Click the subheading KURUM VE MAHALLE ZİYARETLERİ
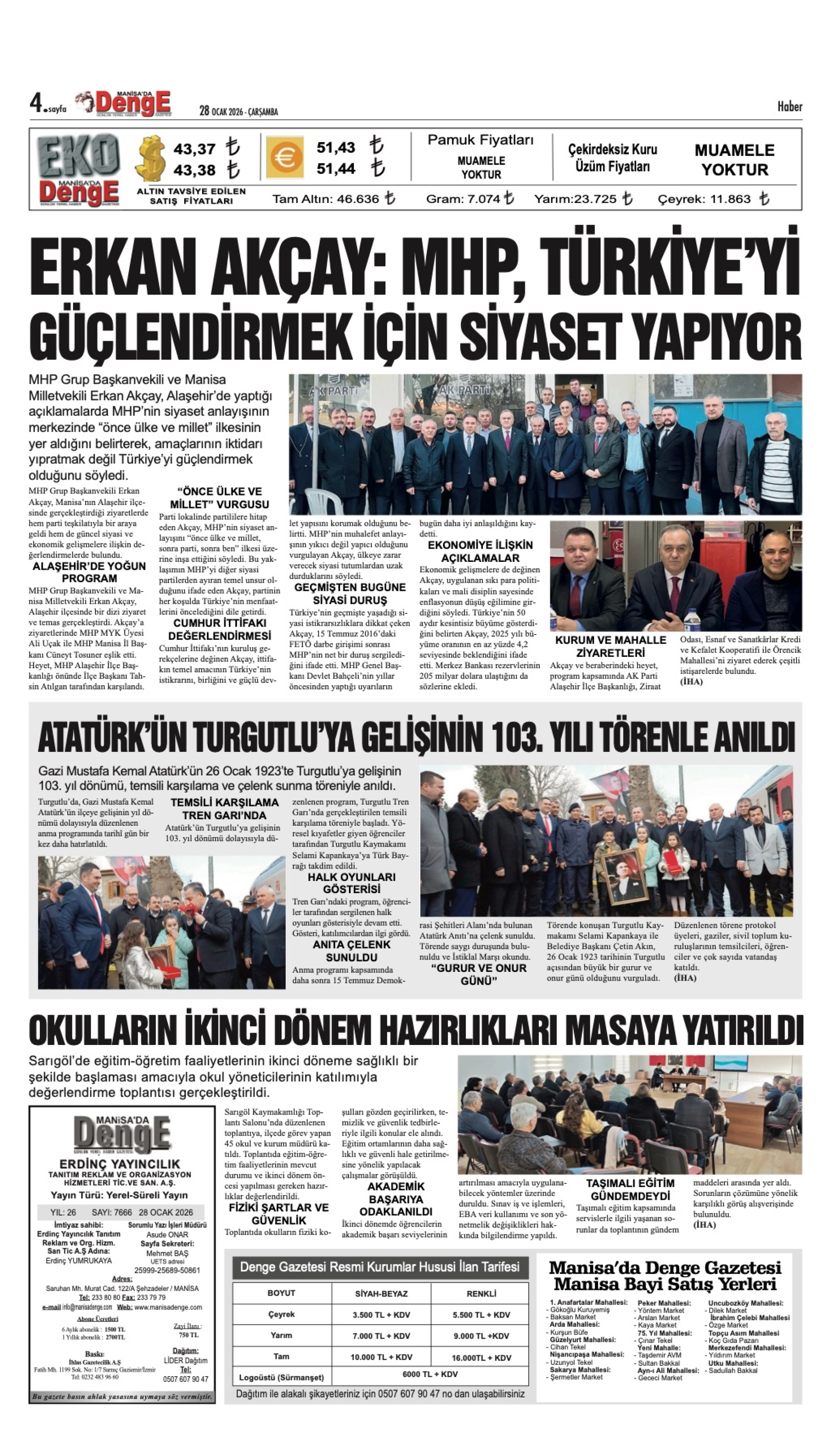point(610,646)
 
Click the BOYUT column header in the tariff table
point(281,1305)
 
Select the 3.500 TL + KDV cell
point(381,1326)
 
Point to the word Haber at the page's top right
point(789,107)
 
